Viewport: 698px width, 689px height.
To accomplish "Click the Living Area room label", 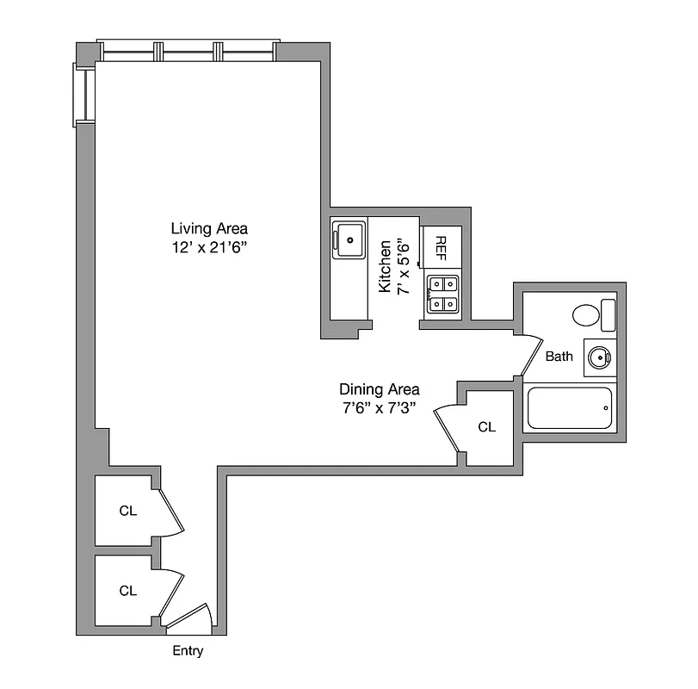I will pyautogui.click(x=209, y=228).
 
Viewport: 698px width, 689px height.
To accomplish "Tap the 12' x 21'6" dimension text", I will pyautogui.click(x=209, y=246).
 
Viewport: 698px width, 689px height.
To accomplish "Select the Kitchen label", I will pyautogui.click(x=386, y=266).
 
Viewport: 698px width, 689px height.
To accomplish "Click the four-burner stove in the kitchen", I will pyautogui.click(x=442, y=293).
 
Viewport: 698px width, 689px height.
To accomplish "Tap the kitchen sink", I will pyautogui.click(x=348, y=239).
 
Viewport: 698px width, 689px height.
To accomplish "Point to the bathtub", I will pyautogui.click(x=569, y=408).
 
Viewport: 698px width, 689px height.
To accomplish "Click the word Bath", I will pyautogui.click(x=559, y=356).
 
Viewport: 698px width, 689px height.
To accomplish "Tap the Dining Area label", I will pyautogui.click(x=379, y=389).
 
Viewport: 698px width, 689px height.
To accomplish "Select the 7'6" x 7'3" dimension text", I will pyautogui.click(x=379, y=408).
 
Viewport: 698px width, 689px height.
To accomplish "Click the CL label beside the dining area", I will pyautogui.click(x=487, y=426).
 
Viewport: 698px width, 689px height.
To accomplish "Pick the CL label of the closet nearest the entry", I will pyautogui.click(x=128, y=591).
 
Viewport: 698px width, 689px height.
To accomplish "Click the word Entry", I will pyautogui.click(x=188, y=651).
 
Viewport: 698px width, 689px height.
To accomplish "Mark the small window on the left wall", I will pyautogui.click(x=84, y=94).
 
